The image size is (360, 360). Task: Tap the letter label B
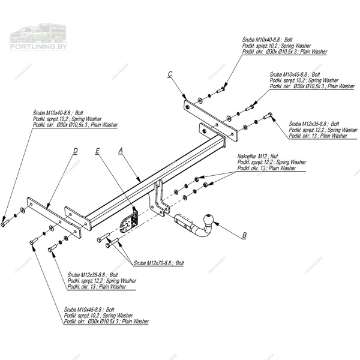click(x=244, y=236)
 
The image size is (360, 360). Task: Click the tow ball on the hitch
click(x=209, y=220)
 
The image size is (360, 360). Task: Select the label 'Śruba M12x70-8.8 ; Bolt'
click(x=159, y=263)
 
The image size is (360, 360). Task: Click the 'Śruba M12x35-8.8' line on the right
click(x=314, y=124)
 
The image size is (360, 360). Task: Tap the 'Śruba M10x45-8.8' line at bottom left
click(x=89, y=310)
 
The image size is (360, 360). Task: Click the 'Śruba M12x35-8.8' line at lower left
click(x=93, y=274)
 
